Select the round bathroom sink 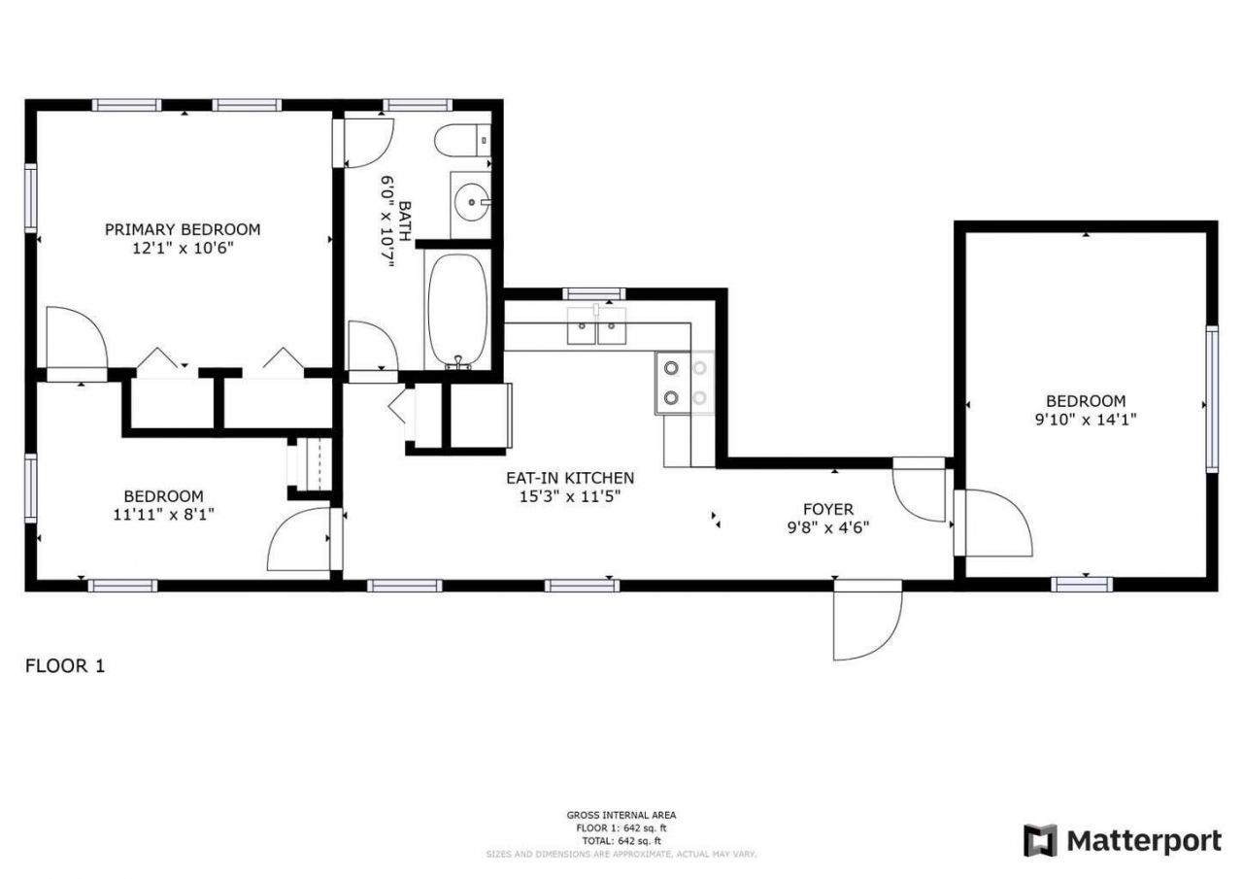pyautogui.click(x=472, y=203)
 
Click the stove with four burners pyautogui.click(x=685, y=382)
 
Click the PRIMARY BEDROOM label pyautogui.click(x=183, y=229)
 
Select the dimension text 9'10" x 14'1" pyautogui.click(x=1086, y=420)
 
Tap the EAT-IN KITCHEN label pyautogui.click(x=570, y=478)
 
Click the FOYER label pyautogui.click(x=827, y=509)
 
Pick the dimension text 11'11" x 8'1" pyautogui.click(x=163, y=514)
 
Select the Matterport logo pyautogui.click(x=1122, y=840)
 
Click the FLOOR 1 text pyautogui.click(x=64, y=666)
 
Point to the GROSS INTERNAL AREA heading pyautogui.click(x=621, y=815)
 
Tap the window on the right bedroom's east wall pyautogui.click(x=1211, y=399)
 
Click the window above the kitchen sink pyautogui.click(x=593, y=293)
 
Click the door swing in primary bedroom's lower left pyautogui.click(x=76, y=339)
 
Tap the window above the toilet pyautogui.click(x=417, y=105)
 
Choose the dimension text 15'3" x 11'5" pyautogui.click(x=570, y=496)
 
